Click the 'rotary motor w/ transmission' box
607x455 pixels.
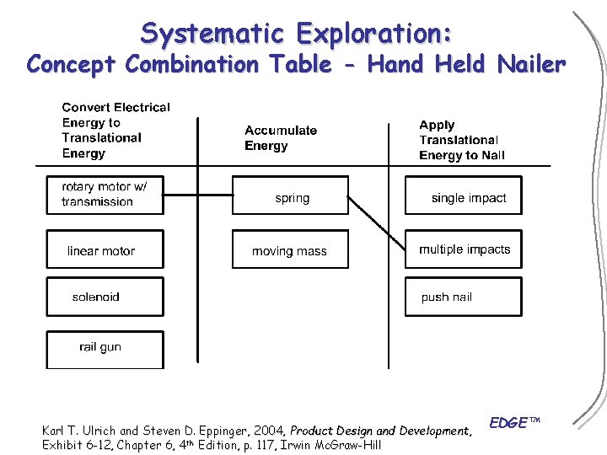click(105, 195)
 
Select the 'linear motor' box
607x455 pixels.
click(105, 250)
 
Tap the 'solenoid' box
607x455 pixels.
click(105, 297)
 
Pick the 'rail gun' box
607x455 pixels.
click(105, 347)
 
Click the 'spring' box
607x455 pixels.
click(290, 198)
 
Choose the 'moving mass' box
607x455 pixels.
click(290, 251)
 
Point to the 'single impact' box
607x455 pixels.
click(464, 198)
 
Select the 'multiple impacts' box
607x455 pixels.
click(464, 249)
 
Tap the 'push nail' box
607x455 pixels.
click(464, 297)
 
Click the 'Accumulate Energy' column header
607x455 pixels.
click(281, 138)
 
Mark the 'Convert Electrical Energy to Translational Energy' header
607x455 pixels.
click(115, 130)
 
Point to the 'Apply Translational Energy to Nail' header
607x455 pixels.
click(461, 140)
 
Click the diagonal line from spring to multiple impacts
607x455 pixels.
click(377, 221)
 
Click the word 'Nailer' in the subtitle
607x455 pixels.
click(531, 64)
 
